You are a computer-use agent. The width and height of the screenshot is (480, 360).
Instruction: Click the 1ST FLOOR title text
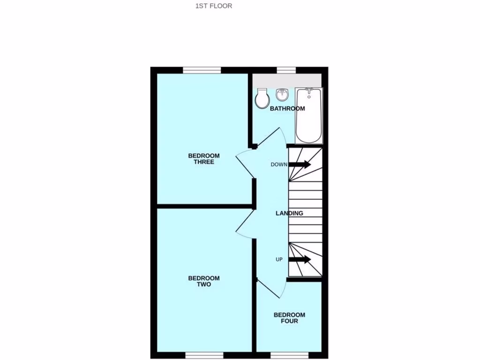[x=214, y=6]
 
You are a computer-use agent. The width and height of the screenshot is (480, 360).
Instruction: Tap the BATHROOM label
[x=287, y=109]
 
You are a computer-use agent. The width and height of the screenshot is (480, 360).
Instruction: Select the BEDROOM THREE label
[x=204, y=159]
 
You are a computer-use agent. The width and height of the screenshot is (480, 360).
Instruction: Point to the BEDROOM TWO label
[x=204, y=281]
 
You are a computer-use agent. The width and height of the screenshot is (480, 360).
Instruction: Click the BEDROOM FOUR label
[x=289, y=318]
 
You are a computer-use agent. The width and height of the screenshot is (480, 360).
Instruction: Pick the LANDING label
[x=289, y=213]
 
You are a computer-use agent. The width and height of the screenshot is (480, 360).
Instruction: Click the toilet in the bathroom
[x=262, y=98]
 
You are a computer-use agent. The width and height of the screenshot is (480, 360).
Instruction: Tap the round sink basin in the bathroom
[x=282, y=95]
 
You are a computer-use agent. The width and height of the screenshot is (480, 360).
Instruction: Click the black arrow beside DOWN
[x=300, y=165]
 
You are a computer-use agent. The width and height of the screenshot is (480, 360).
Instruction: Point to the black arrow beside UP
[x=300, y=259]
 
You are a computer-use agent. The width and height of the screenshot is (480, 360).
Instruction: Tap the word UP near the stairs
[x=279, y=259]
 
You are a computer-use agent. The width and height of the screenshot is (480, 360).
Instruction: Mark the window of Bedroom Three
[x=202, y=70]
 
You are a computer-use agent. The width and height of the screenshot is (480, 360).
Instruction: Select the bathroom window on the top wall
[x=286, y=70]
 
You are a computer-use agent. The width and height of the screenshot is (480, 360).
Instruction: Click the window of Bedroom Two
[x=204, y=355]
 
